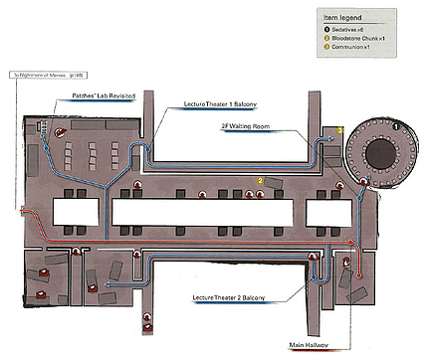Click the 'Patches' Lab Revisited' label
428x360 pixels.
click(x=104, y=96)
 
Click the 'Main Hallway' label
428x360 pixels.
click(x=309, y=346)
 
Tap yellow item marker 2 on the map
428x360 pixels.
click(x=261, y=181)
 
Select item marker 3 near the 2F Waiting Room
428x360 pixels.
click(x=339, y=130)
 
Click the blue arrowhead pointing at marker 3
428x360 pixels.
click(x=331, y=138)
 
